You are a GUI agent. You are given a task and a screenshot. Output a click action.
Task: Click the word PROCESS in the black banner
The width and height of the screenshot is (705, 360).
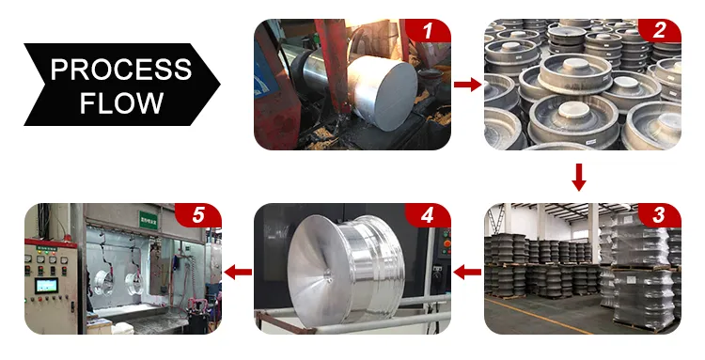(x=120, y=69)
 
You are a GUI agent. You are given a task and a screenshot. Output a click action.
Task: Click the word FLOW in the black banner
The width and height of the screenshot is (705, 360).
(x=120, y=102)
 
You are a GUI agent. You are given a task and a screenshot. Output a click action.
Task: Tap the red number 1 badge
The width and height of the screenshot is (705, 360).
(x=429, y=32)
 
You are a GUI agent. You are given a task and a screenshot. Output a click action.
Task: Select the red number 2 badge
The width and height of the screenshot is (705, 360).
(x=659, y=32)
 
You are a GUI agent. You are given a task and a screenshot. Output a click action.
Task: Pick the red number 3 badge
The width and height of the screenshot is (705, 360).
(x=659, y=215)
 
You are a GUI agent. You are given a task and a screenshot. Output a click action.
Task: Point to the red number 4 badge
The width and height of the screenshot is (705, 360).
(x=429, y=215)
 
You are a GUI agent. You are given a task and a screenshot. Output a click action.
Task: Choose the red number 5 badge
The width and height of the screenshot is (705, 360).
(x=198, y=215)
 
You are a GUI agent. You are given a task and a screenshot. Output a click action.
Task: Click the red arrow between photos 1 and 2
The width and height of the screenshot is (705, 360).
(x=467, y=85)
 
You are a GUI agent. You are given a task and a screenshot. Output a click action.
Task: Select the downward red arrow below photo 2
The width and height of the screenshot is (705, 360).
(x=580, y=176)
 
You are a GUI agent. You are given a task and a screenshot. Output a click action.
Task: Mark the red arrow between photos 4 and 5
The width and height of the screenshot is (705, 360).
(x=238, y=272)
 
